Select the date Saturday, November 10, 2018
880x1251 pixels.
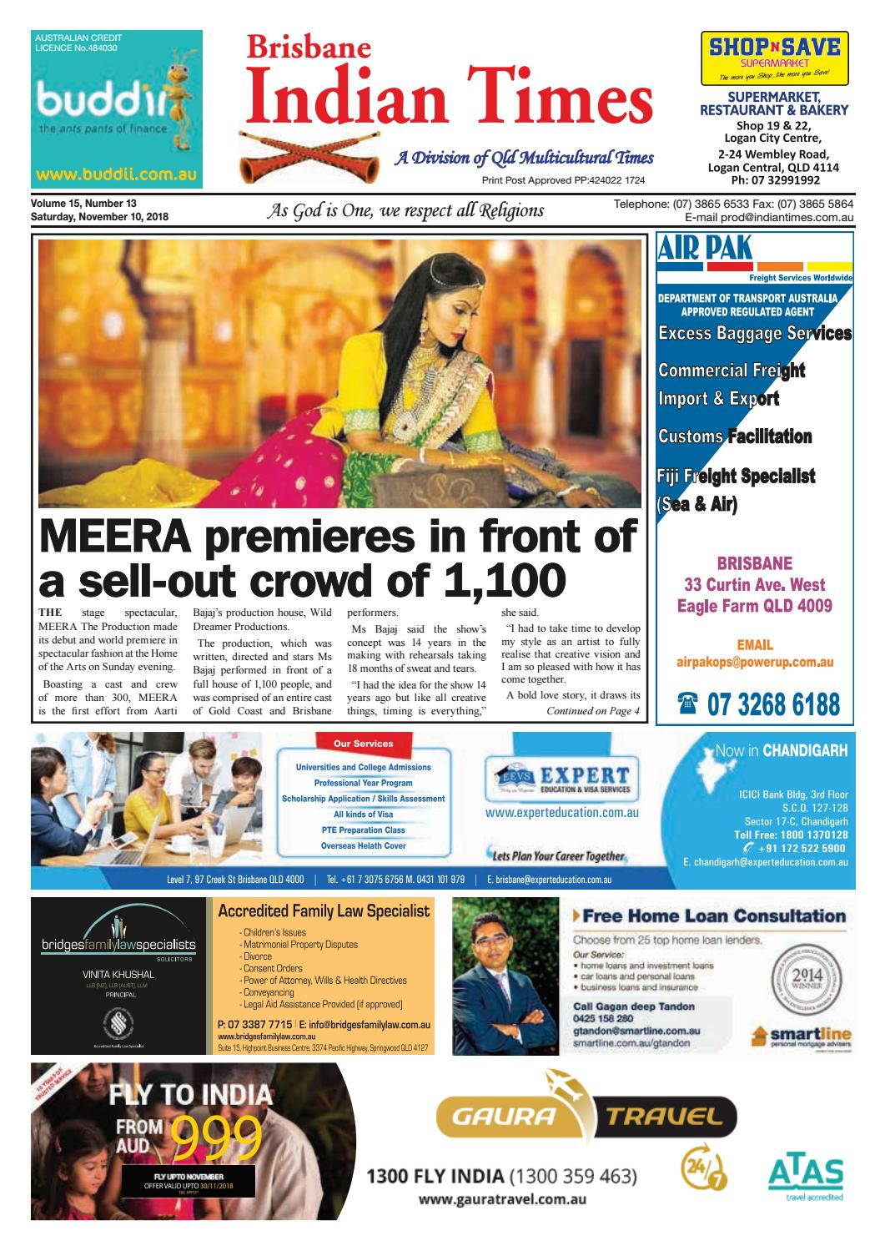click(x=99, y=217)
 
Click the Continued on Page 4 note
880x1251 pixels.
click(x=592, y=711)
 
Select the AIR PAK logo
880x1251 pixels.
click(x=706, y=250)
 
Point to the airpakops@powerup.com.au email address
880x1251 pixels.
click(x=755, y=663)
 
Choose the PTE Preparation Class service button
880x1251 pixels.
click(x=363, y=830)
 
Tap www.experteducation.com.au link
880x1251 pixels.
click(x=561, y=812)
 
